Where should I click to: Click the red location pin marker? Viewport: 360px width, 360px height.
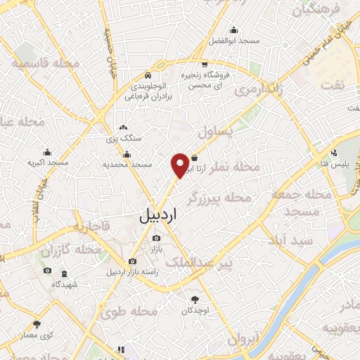coord(181,165)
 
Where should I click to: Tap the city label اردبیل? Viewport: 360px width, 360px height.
coord(156,216)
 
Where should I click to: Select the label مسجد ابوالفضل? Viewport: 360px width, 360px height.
coord(233,41)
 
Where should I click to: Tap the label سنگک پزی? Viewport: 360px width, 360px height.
coord(124,139)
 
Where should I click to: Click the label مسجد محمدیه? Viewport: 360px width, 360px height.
coord(128,164)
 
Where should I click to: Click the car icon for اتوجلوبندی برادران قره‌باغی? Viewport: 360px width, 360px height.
coord(147,75)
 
